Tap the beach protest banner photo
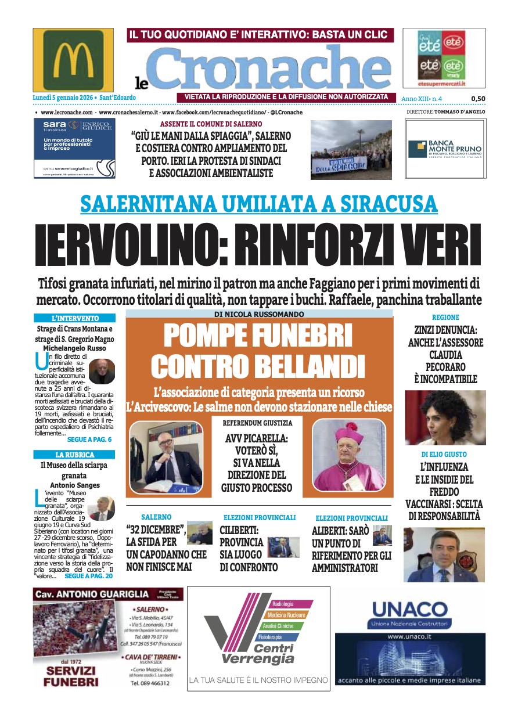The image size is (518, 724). [x=351, y=150]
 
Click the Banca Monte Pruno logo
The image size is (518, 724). [x=445, y=149]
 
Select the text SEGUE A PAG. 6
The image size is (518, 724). [x=89, y=440]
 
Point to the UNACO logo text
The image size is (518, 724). [x=409, y=610]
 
